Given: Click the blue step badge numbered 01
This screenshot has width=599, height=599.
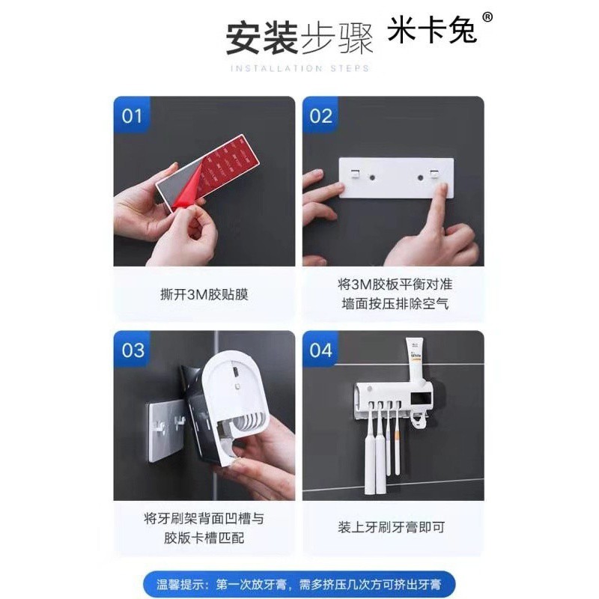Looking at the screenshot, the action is tap(133, 115).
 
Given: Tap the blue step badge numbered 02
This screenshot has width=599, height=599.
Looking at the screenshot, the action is tap(321, 115).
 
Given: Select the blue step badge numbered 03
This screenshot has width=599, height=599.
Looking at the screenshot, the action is tap(133, 349).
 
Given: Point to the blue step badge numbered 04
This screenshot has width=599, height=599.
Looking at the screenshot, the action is tap(321, 349).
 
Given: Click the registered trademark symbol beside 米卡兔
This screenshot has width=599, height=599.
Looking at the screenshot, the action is tap(487, 16).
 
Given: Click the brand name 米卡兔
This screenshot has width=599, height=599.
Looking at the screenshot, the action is tap(432, 30).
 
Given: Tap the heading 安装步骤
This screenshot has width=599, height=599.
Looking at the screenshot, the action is tap(299, 39).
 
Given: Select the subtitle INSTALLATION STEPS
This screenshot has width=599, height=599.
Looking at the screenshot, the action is tap(300, 68).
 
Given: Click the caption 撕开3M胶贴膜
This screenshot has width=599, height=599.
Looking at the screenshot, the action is tap(204, 294).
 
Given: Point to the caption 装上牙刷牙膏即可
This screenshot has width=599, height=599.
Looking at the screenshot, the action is tap(392, 527).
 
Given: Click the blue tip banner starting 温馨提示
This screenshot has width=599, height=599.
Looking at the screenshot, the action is tap(299, 585).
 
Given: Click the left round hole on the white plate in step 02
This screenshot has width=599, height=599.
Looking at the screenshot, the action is tap(371, 177).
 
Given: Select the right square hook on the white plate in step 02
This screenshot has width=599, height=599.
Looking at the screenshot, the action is tap(434, 174).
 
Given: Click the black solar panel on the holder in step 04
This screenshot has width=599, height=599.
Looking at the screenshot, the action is tap(422, 399).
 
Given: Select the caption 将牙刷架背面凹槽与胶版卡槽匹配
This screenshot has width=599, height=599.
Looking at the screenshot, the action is tap(204, 529).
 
